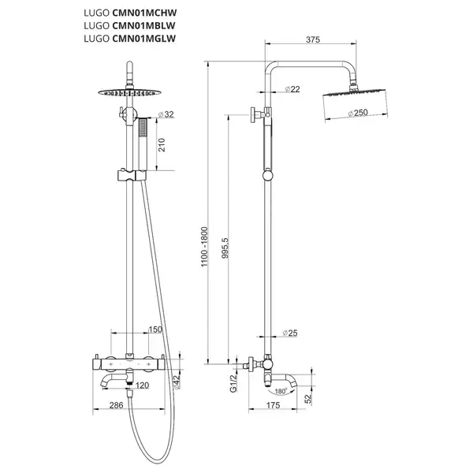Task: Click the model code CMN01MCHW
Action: tap(144, 13)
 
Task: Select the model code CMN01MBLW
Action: tap(143, 26)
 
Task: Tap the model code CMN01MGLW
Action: tap(144, 39)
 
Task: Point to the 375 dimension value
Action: tap(313, 39)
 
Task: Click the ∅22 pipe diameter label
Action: tap(292, 89)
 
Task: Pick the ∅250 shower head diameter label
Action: tap(358, 113)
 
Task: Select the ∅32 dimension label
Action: tap(166, 114)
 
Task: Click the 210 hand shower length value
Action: tap(162, 145)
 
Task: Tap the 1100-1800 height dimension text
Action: tap(204, 247)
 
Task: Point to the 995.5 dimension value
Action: tap(225, 248)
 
